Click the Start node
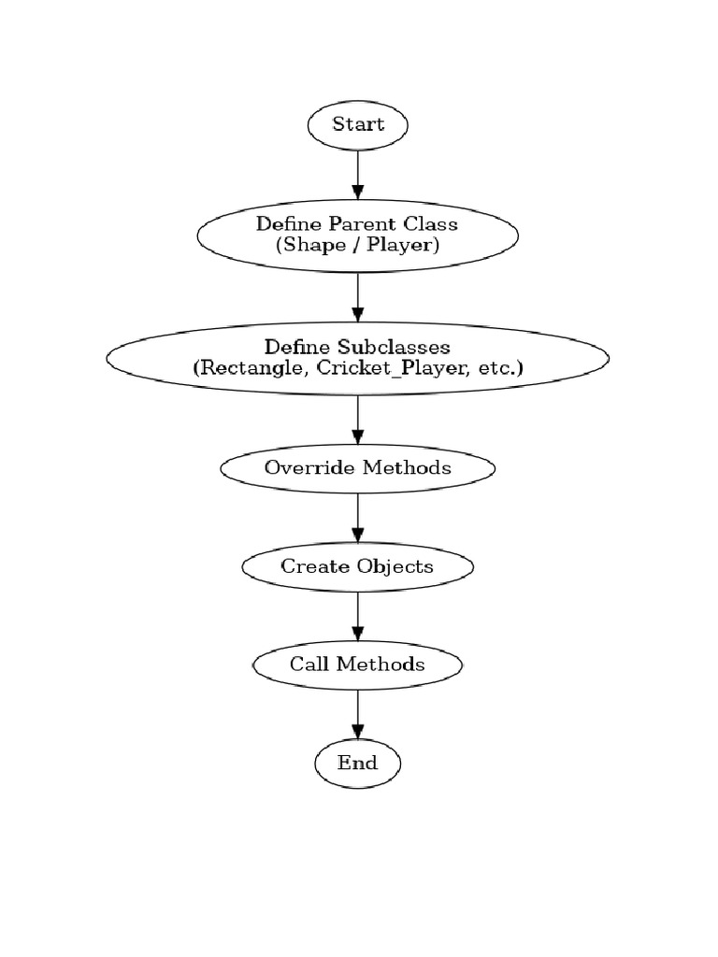click(x=357, y=124)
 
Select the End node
click(x=357, y=764)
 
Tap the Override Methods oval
click(x=357, y=467)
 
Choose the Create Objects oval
click(x=357, y=566)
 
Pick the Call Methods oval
click(x=357, y=664)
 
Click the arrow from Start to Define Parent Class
click(x=357, y=173)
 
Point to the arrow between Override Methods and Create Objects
click(x=357, y=517)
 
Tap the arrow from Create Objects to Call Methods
click(x=357, y=616)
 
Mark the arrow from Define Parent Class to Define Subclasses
click(x=357, y=297)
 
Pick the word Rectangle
click(x=250, y=368)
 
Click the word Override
click(x=297, y=467)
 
